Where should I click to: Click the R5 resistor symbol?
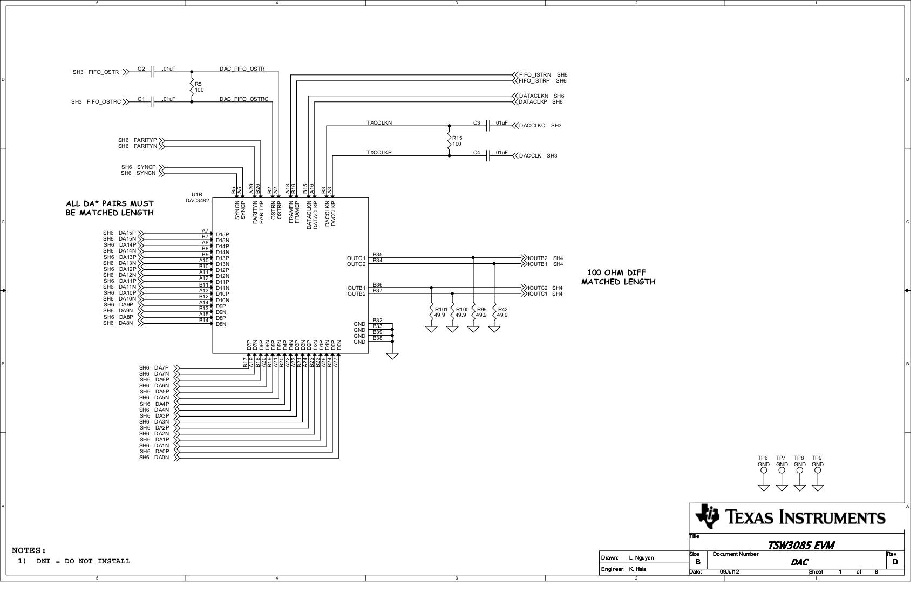(x=192, y=86)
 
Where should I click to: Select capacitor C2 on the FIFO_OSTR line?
(x=153, y=72)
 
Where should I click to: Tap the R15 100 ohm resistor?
(x=449, y=141)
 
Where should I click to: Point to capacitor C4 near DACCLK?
(x=488, y=156)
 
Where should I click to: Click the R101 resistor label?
(x=441, y=310)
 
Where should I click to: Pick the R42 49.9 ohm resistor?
(x=494, y=312)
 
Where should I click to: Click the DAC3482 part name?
(x=198, y=201)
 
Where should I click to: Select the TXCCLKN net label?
(x=379, y=123)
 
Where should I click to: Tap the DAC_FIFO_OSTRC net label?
(x=243, y=99)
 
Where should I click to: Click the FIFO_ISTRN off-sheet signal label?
(x=534, y=75)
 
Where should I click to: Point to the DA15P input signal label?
(x=127, y=233)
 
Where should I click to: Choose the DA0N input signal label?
(x=161, y=458)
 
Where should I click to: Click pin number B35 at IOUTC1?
(x=377, y=255)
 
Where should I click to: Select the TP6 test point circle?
(x=764, y=471)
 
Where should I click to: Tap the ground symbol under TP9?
(x=818, y=488)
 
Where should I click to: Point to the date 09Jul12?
(x=729, y=572)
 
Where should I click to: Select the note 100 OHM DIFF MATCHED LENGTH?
(x=618, y=277)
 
